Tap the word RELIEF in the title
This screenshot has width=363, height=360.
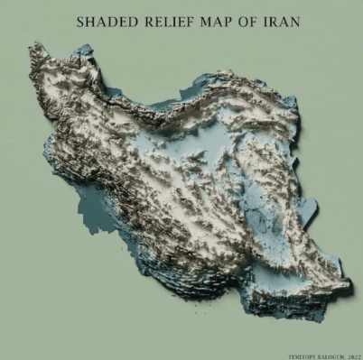(169, 19)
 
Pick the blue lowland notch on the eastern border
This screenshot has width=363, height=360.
(307, 212)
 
